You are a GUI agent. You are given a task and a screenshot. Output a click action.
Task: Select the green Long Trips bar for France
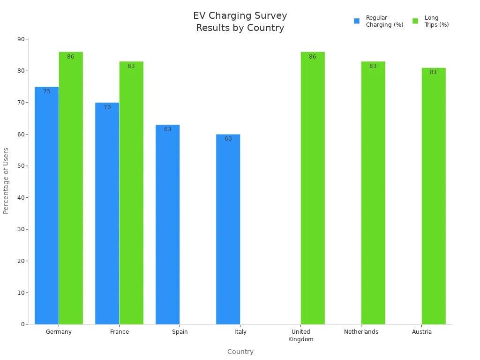131,193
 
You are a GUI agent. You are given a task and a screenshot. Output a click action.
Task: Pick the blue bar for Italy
228,229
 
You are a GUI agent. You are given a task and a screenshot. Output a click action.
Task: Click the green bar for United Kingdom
312,188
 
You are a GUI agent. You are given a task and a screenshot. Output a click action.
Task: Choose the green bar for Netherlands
373,193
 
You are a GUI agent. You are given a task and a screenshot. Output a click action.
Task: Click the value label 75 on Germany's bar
46,91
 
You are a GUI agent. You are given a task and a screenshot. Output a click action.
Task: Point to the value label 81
433,72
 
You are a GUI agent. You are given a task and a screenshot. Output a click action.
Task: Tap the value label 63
167,129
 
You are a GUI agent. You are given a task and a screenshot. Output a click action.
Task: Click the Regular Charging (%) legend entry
379,21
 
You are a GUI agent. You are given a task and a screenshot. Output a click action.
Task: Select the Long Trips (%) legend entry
431,21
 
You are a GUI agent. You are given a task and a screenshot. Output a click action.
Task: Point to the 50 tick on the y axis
21,166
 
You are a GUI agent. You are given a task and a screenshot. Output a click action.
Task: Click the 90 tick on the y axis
21,39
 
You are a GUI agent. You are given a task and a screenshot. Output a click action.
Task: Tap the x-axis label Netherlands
361,332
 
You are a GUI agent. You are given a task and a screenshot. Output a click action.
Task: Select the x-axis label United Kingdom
300,335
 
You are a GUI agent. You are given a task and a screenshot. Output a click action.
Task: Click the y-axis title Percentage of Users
6,180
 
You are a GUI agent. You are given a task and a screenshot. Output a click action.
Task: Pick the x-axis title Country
240,352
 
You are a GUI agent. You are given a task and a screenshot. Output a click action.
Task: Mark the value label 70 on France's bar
107,107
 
